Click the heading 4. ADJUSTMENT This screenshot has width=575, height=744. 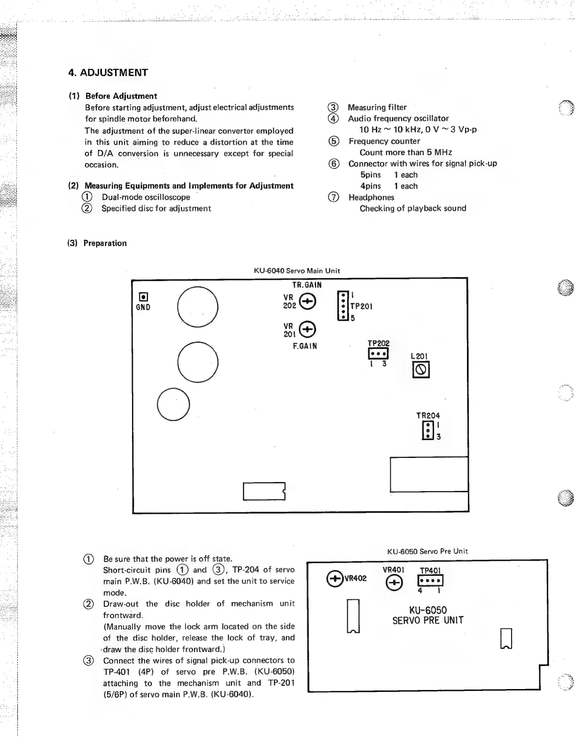(108, 73)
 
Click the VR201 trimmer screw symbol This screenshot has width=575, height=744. (308, 329)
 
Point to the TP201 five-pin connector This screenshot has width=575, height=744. (343, 306)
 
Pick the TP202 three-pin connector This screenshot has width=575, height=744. (378, 354)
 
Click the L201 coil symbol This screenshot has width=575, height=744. (421, 371)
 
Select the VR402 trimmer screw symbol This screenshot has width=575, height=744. (335, 578)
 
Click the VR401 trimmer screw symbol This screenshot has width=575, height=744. (394, 583)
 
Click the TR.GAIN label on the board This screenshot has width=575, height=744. (307, 285)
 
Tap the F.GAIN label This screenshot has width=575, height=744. (305, 346)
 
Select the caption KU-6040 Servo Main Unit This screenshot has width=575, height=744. (296, 271)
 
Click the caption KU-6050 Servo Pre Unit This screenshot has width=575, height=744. (427, 551)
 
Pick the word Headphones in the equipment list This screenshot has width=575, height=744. (371, 197)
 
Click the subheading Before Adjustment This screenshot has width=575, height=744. (121, 96)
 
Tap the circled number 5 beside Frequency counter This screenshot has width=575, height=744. (333, 141)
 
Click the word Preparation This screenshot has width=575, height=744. (105, 243)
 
